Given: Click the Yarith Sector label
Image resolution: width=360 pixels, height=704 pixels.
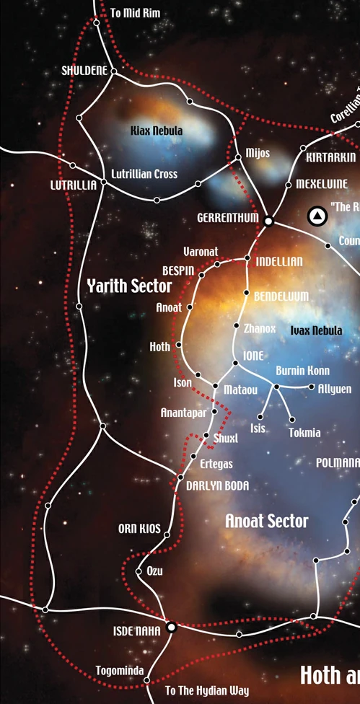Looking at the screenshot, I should pyautogui.click(x=129, y=286).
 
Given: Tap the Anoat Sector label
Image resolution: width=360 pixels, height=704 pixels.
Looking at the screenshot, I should pyautogui.click(x=266, y=521).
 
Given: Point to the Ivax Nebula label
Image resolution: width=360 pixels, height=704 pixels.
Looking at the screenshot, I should pyautogui.click(x=316, y=330).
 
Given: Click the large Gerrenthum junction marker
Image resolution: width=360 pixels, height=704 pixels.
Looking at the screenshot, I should pyautogui.click(x=268, y=221).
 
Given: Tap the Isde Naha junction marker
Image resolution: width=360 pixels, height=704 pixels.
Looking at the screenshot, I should pyautogui.click(x=172, y=627).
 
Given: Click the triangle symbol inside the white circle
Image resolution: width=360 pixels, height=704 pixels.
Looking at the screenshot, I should pyautogui.click(x=316, y=215).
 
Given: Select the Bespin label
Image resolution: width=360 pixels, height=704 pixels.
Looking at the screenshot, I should pyautogui.click(x=178, y=270).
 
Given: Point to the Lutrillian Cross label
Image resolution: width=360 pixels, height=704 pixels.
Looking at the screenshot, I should pyautogui.click(x=144, y=175).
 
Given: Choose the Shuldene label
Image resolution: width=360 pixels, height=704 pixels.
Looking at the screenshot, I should pyautogui.click(x=84, y=71).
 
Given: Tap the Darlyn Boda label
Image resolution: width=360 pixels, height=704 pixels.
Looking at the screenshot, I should pyautogui.click(x=217, y=486).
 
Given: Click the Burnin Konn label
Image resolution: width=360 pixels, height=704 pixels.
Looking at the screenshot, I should pyautogui.click(x=302, y=371).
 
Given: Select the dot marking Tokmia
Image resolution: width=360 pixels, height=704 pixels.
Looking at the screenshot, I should pyautogui.click(x=292, y=420).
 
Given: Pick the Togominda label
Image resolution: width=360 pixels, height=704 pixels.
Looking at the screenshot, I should pyautogui.click(x=120, y=671).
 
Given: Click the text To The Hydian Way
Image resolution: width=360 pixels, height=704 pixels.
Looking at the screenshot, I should pyautogui.click(x=207, y=691).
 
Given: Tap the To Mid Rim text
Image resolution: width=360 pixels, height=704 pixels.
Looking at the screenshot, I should pyautogui.click(x=136, y=14).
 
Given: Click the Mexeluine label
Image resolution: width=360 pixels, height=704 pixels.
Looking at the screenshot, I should pyautogui.click(x=321, y=184).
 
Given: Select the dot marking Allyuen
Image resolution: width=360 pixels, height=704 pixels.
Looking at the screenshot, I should pyautogui.click(x=312, y=387).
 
